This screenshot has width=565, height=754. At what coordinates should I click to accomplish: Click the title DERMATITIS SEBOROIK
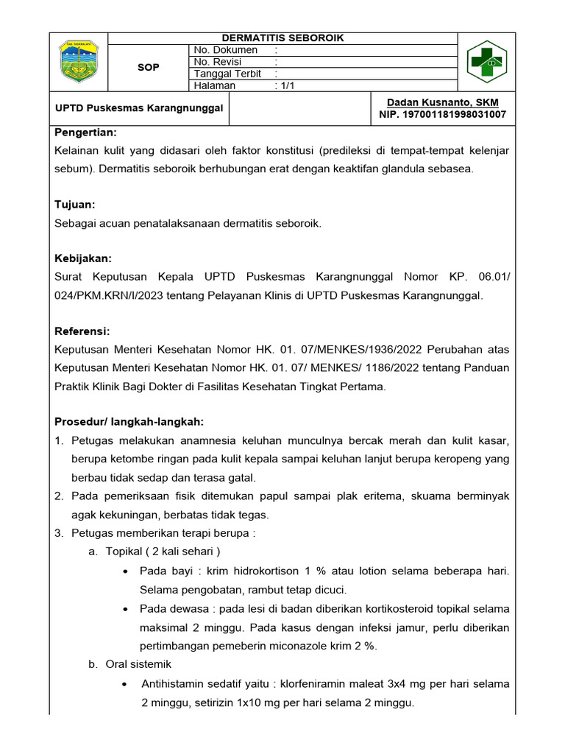coord(283,38)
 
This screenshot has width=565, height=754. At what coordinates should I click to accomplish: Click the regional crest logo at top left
coord(78,63)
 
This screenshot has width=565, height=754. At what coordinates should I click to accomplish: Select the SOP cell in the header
coord(149,68)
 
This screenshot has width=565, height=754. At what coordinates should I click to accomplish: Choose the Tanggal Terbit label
coord(227,74)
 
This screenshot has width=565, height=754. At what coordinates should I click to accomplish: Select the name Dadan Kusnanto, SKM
coord(442,102)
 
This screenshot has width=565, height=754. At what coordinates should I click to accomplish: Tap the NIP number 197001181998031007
coord(442,115)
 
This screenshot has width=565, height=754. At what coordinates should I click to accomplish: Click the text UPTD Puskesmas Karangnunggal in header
coord(139,108)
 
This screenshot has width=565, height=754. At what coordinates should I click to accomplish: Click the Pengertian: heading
coord(86,133)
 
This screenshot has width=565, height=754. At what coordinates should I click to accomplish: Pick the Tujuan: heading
coord(75,204)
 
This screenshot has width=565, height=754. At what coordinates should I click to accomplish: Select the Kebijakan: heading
coord(83,258)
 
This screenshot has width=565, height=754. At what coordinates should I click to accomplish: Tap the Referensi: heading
coord(82,331)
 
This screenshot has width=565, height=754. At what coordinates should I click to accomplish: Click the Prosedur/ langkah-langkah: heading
coord(129,422)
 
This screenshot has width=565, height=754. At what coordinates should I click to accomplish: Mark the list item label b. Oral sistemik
coord(129,664)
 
